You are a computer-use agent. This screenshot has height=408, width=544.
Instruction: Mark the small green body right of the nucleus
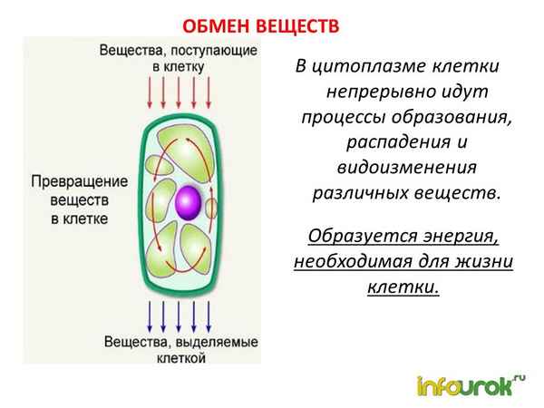[215, 200]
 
